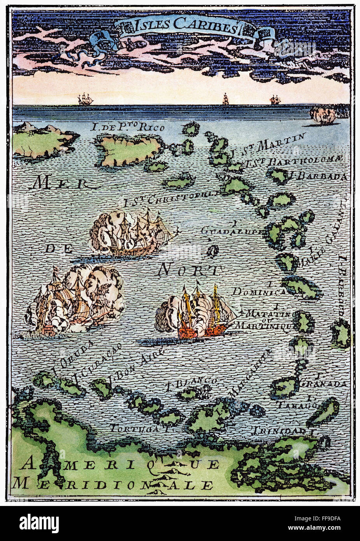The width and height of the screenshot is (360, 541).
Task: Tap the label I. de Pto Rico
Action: pos(128,127)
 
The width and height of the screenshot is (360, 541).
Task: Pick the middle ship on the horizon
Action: pos(225,100)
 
